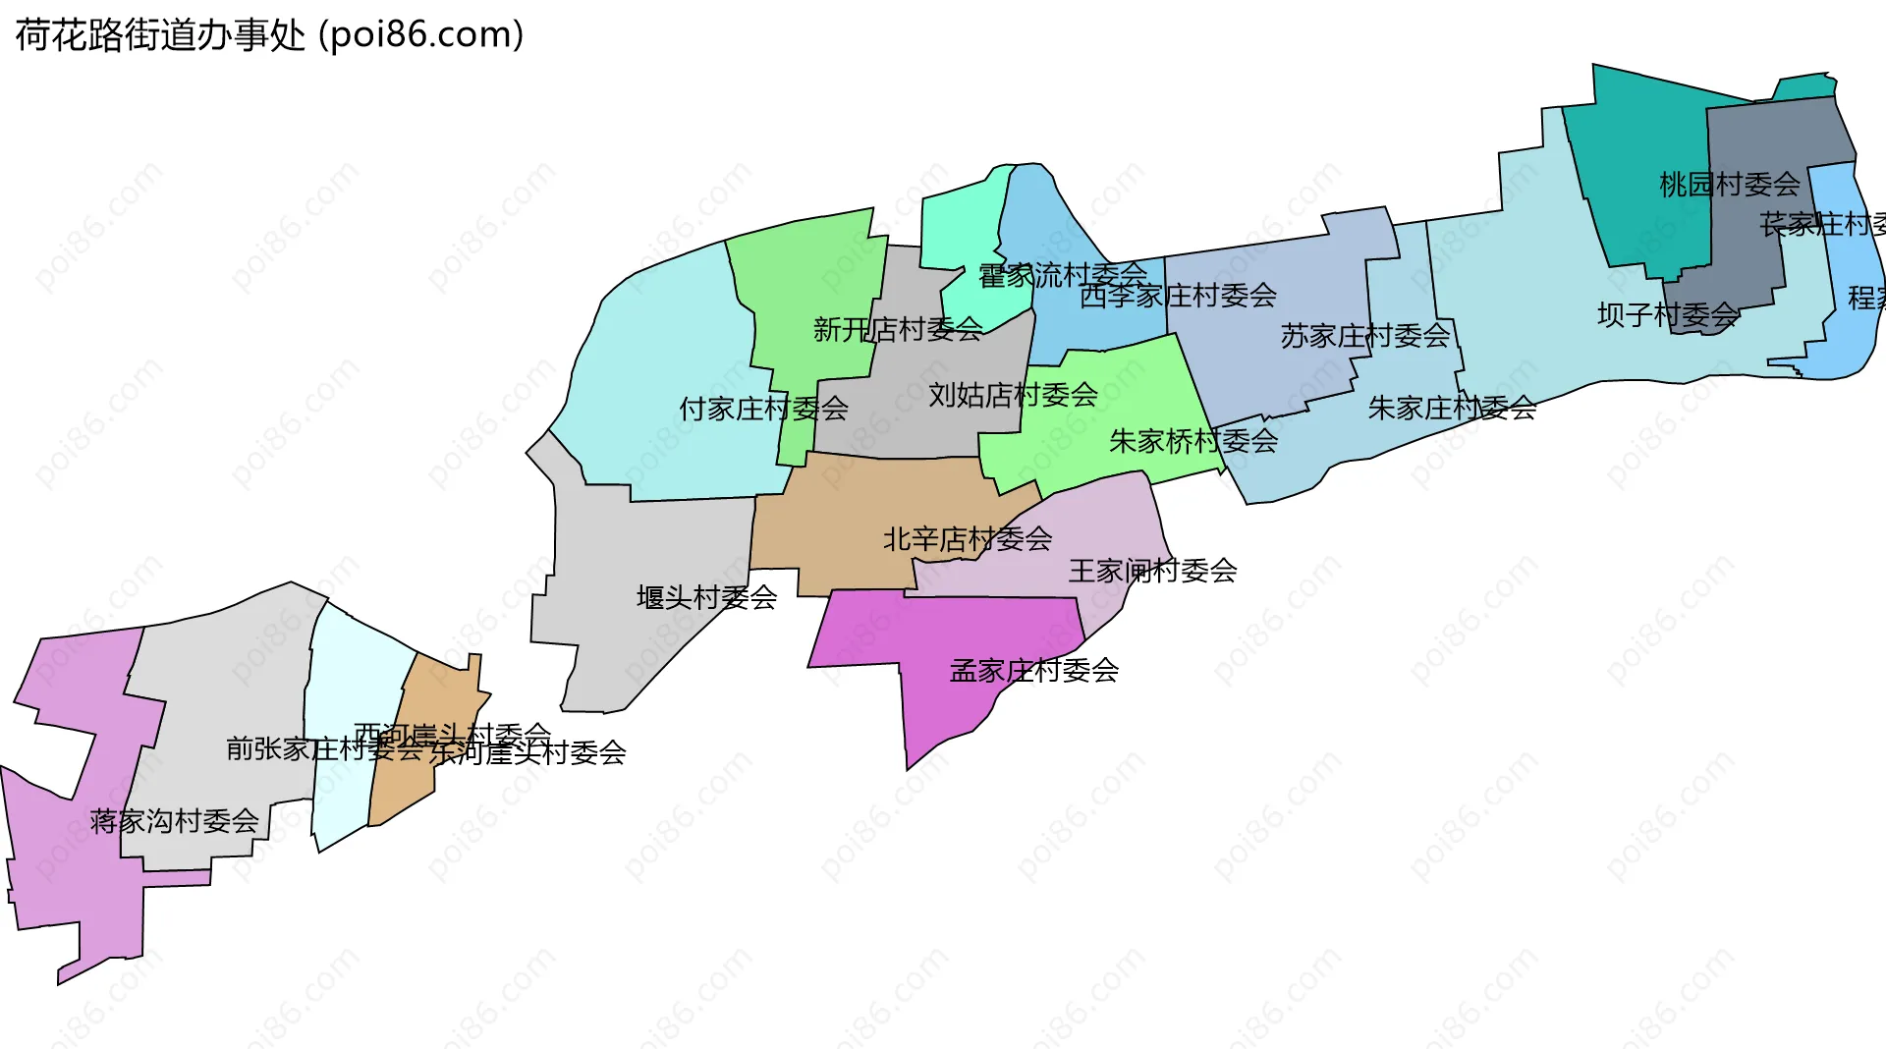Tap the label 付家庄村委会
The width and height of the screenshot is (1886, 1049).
coord(763,409)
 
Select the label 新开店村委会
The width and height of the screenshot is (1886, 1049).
coord(898,329)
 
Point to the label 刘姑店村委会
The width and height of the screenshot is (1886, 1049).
coord(1013,395)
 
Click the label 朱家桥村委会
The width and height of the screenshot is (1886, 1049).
coord(1193,441)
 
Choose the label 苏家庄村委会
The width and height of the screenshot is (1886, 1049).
coord(1364,336)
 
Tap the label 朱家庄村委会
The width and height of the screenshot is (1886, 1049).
coord(1452,408)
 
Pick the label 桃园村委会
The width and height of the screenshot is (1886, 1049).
coord(1729,185)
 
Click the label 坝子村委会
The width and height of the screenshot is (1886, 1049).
coord(1668,315)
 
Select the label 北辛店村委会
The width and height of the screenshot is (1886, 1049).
coord(968,539)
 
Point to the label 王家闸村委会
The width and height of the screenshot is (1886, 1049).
coord(1152,571)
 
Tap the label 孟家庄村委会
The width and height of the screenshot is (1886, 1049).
coord(1034,671)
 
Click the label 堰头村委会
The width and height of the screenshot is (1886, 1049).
coord(707,597)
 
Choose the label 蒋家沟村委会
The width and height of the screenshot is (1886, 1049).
coord(174,821)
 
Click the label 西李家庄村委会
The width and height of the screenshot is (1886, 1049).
coord(1178,296)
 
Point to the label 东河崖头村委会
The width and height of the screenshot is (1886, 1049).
coord(528,753)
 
